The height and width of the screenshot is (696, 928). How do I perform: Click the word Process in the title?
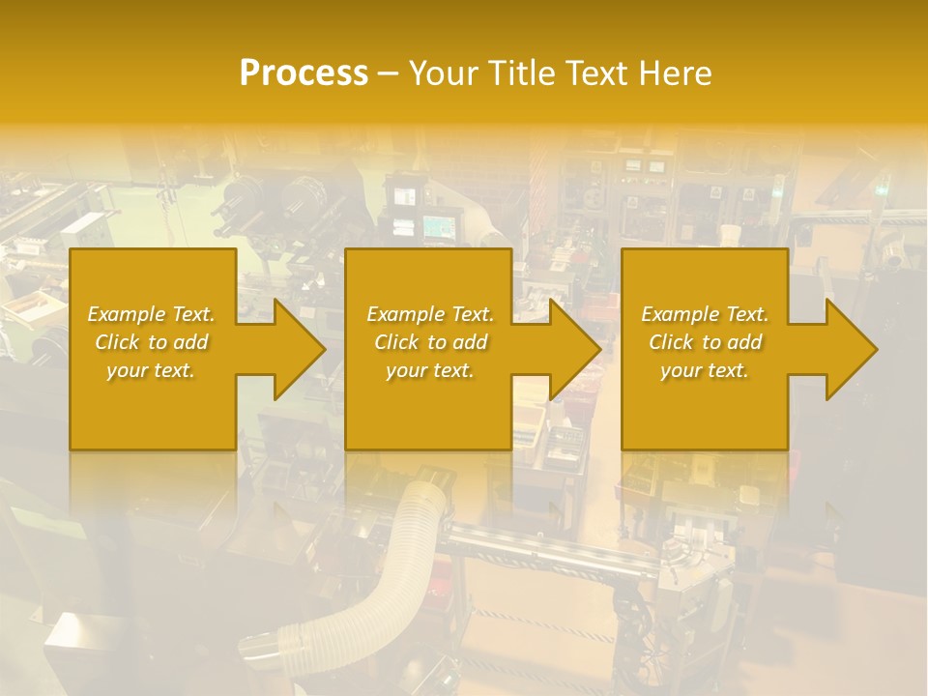(304, 73)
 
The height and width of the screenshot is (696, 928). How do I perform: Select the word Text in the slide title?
(596, 73)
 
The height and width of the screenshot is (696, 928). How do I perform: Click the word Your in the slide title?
(444, 73)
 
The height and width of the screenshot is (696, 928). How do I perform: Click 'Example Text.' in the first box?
(151, 314)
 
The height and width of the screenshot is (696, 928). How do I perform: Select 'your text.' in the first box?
(151, 370)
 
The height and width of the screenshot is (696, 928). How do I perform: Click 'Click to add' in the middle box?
(430, 342)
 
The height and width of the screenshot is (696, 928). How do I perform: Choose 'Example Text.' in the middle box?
(430, 314)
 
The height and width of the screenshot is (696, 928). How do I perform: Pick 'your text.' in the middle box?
(430, 370)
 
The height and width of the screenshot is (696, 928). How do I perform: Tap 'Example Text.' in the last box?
(705, 314)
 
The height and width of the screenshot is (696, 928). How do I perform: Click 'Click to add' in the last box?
(705, 342)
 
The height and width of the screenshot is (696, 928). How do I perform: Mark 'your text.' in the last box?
(705, 370)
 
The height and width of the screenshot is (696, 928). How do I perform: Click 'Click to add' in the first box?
(151, 342)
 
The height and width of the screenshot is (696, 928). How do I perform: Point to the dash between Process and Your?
(388, 73)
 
